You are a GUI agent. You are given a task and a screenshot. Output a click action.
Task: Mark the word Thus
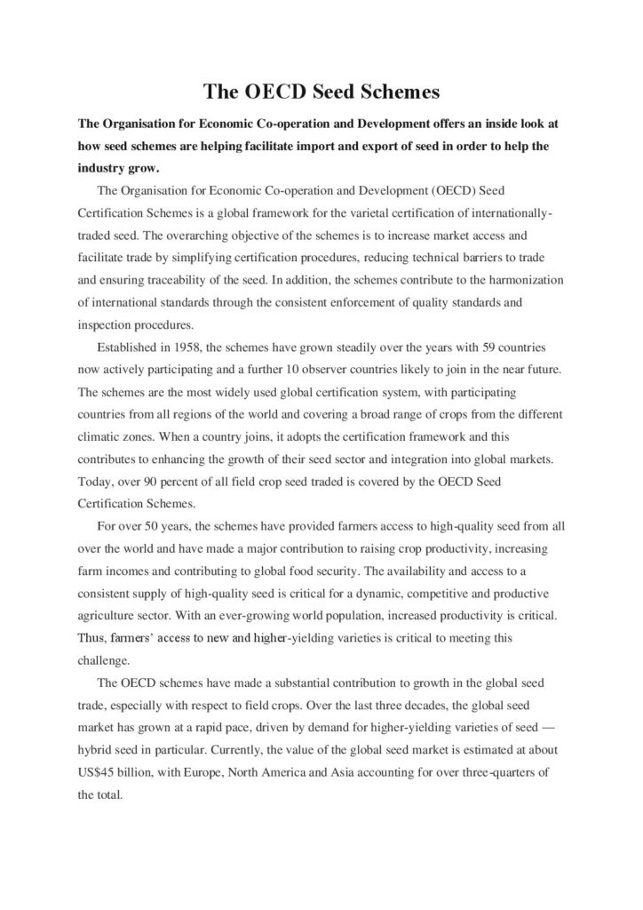93,636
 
